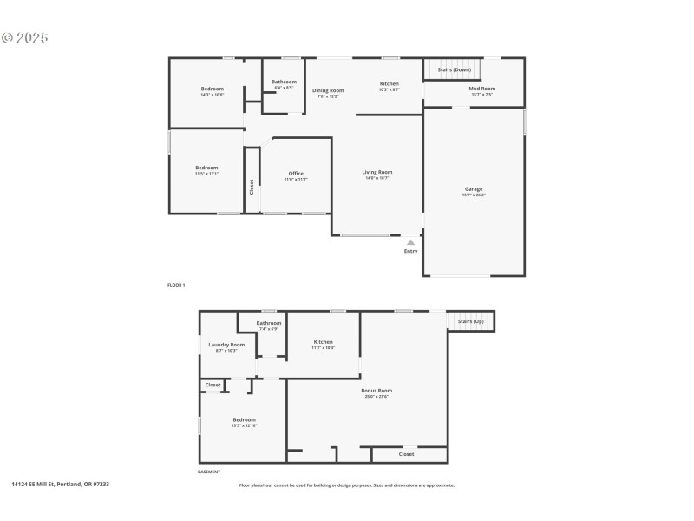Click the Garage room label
pyautogui.click(x=474, y=189)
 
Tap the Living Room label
pyautogui.click(x=377, y=172)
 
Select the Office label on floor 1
pyautogui.click(x=296, y=174)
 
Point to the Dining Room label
pyautogui.click(x=328, y=90)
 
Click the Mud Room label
pyautogui.click(x=481, y=89)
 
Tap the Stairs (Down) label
pyautogui.click(x=455, y=69)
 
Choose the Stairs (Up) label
pyautogui.click(x=471, y=321)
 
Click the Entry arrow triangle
pyautogui.click(x=410, y=242)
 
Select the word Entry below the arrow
pyautogui.click(x=410, y=252)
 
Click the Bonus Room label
pyautogui.click(x=376, y=391)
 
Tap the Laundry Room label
pyautogui.click(x=226, y=345)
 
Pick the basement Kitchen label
pyautogui.click(x=324, y=342)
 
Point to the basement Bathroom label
pyautogui.click(x=268, y=323)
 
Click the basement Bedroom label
pyautogui.click(x=244, y=420)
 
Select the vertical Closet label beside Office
pyautogui.click(x=252, y=186)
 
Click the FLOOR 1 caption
pyautogui.click(x=176, y=285)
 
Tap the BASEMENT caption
pyautogui.click(x=209, y=472)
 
